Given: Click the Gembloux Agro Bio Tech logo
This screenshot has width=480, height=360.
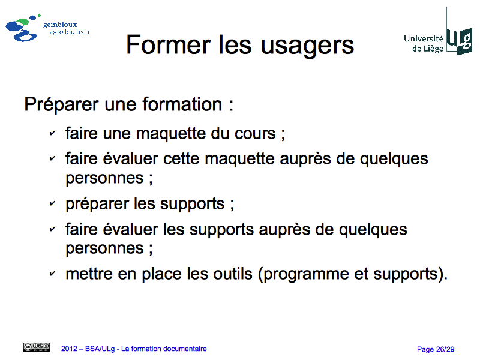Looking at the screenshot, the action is (47, 28).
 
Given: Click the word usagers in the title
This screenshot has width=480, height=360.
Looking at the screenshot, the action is (307, 46).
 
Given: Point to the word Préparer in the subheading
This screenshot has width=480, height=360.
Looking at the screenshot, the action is (62, 105).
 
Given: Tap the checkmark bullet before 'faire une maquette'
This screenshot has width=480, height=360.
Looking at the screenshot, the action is (52, 133).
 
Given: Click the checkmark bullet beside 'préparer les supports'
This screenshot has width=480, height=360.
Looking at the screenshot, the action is (52, 203).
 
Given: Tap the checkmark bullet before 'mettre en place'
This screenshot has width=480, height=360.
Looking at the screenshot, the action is (52, 274).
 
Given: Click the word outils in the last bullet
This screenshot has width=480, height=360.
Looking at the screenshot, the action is (233, 274).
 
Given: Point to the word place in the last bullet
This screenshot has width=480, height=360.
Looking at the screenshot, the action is (161, 274).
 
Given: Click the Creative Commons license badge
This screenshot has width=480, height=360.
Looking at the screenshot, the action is (37, 347).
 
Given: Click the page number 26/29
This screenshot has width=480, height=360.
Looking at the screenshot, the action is (445, 349).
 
